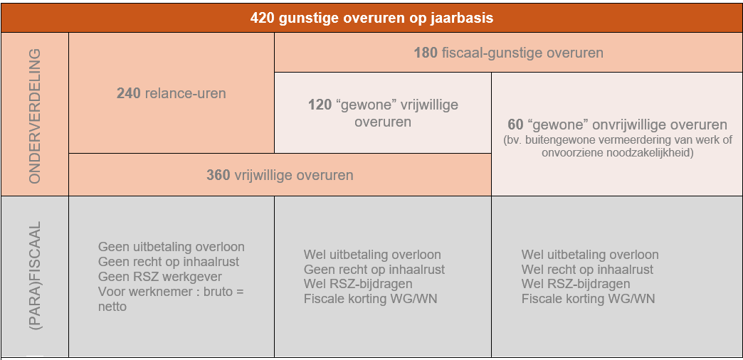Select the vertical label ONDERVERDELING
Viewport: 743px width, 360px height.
pyautogui.click(x=35, y=115)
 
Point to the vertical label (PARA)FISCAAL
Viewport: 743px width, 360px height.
pyautogui.click(x=35, y=275)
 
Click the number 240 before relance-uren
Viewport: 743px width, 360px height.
pyautogui.click(x=128, y=93)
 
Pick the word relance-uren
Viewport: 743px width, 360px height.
pyautogui.click(x=185, y=93)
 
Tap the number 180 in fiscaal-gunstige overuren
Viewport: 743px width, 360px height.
pyautogui.click(x=426, y=53)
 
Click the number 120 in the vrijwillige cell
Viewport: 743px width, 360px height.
pyautogui.click(x=320, y=105)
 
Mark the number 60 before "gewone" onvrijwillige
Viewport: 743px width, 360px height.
pyautogui.click(x=515, y=125)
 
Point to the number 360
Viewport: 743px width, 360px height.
pyautogui.click(x=218, y=175)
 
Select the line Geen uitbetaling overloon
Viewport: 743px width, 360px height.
pyautogui.click(x=172, y=247)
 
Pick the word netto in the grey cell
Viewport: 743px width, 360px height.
pyautogui.click(x=112, y=307)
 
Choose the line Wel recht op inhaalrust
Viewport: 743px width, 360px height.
pyautogui.click(x=588, y=270)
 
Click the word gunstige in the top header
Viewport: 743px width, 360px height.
pyautogui.click(x=298, y=18)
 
